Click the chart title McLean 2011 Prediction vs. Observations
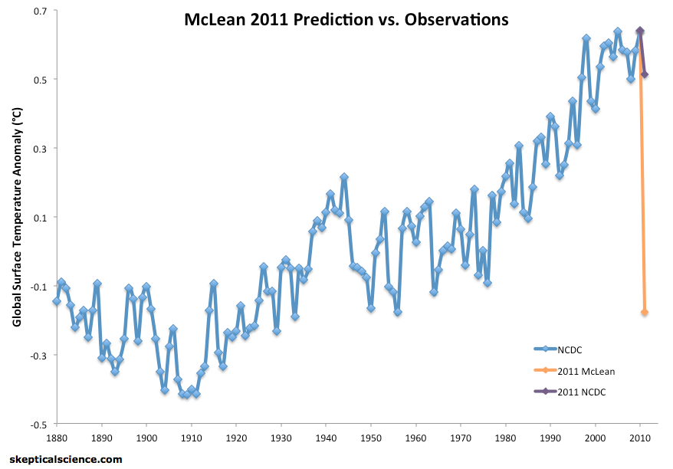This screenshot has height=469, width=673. tap(346, 20)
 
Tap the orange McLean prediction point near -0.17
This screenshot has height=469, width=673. tap(645, 312)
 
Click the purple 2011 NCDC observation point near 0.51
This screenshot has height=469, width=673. tap(645, 74)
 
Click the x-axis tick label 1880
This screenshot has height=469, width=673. tap(56, 438)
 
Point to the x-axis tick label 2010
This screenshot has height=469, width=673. tap(640, 438)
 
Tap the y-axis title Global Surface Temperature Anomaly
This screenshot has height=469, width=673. tap(16, 217)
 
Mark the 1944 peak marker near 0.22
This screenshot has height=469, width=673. tap(344, 177)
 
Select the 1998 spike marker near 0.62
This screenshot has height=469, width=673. tap(586, 38)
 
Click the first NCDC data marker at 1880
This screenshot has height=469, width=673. tap(57, 301)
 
